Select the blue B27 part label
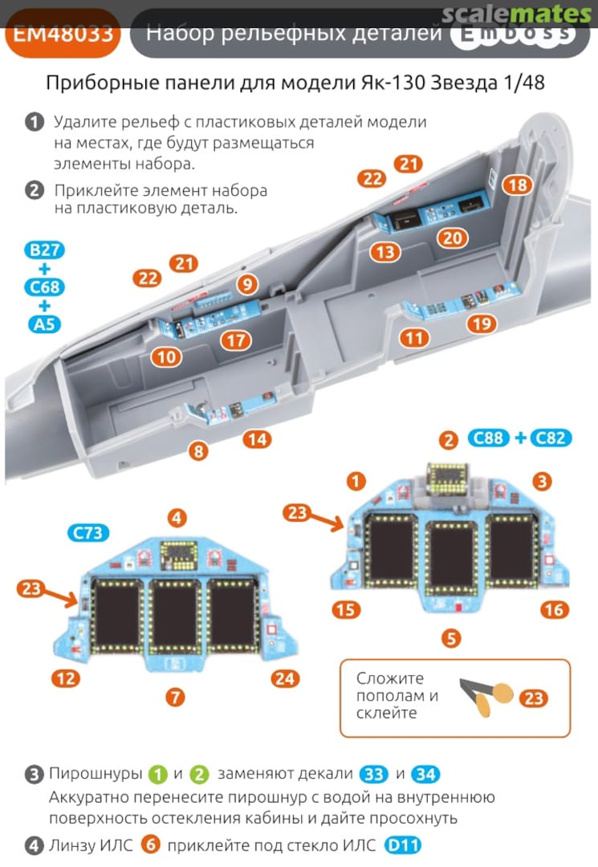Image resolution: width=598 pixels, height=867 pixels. (44, 250)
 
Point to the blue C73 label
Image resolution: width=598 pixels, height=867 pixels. (88, 533)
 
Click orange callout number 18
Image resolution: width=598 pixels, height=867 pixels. (519, 185)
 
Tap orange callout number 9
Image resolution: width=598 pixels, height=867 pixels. (246, 283)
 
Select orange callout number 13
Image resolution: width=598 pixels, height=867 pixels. (385, 252)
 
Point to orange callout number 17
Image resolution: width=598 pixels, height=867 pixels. (235, 340)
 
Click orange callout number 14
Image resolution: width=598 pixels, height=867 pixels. (258, 439)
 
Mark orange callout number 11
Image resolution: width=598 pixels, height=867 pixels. (413, 338)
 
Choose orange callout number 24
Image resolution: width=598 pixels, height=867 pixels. (284, 679)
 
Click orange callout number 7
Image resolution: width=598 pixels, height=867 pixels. (176, 697)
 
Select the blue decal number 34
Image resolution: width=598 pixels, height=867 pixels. (426, 775)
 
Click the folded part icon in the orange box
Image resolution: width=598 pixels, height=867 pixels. (484, 696)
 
